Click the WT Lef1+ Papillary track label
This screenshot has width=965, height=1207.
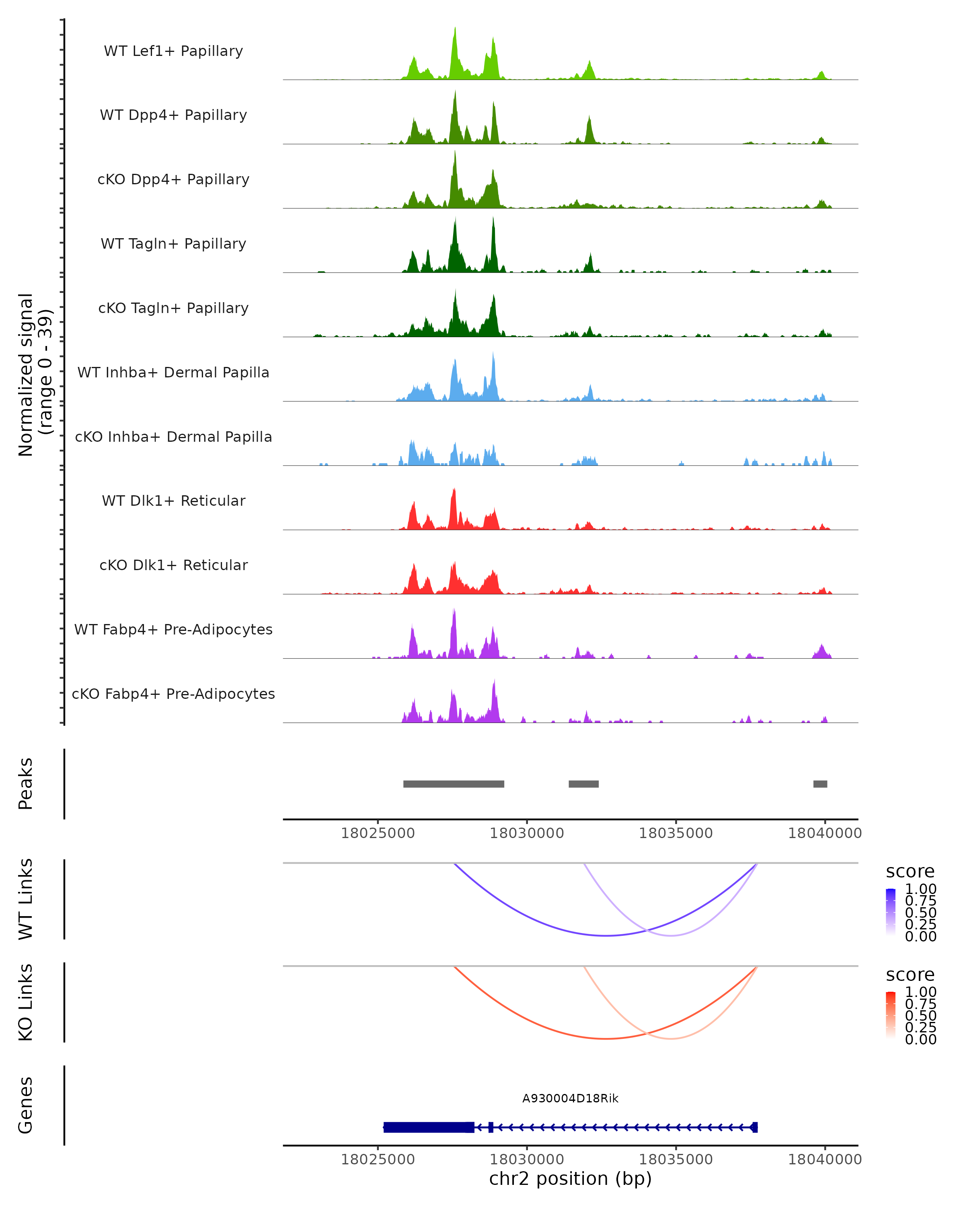173,51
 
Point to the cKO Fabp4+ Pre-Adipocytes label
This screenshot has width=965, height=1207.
173,694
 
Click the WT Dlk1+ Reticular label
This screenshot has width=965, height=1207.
173,501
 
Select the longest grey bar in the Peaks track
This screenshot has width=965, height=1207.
454,784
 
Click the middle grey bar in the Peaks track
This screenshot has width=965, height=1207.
583,784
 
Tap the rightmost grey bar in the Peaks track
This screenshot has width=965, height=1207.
820,784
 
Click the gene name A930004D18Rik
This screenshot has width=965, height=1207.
570,1098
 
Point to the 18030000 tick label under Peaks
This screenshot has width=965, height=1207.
526,833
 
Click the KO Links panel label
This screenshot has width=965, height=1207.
26,1002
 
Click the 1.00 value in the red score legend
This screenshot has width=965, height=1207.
920,992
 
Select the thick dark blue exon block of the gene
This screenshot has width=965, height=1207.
428,1127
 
